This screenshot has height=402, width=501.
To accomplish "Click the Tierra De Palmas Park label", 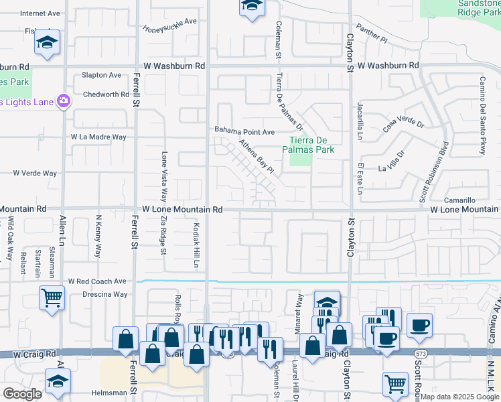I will pyautogui.click(x=311, y=145).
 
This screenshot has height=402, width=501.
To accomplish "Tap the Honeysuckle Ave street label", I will pyautogui.click(x=170, y=25).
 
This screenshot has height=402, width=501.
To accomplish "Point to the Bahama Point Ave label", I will pyautogui.click(x=244, y=131).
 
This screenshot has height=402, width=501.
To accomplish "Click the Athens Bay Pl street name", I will pyautogui.click(x=257, y=158).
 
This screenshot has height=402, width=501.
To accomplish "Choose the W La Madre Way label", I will pyautogui.click(x=99, y=137).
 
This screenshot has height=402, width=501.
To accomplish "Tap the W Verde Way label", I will pyautogui.click(x=35, y=173).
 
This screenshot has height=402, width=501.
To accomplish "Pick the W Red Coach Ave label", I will pyautogui.click(x=97, y=282).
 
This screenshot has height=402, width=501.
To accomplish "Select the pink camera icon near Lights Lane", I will pyautogui.click(x=64, y=101).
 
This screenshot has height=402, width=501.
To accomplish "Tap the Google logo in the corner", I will pyautogui.click(x=23, y=394).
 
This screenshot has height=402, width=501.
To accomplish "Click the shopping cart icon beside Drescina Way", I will pyautogui.click(x=52, y=297).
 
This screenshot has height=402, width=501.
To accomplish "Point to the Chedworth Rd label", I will pyautogui.click(x=106, y=94).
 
